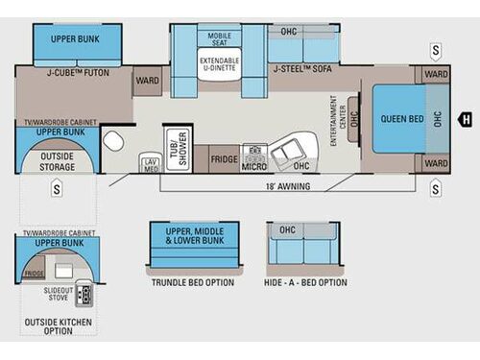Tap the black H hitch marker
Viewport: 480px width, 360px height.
(x=465, y=120)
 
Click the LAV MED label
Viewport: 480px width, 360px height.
(x=151, y=164)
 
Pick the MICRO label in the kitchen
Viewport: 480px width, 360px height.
(x=253, y=165)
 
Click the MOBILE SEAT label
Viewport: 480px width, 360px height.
(x=219, y=38)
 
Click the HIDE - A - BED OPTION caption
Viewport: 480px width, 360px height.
(x=307, y=282)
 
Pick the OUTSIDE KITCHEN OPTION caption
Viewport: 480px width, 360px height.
(x=59, y=324)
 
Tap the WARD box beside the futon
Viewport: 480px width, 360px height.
(x=147, y=81)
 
